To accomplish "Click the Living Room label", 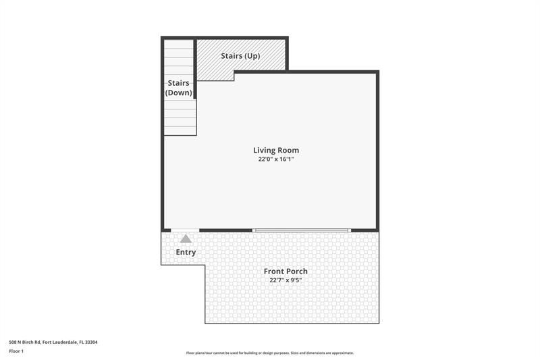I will (276, 150).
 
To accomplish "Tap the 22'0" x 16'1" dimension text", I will (276, 159).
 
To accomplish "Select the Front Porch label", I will (286, 272).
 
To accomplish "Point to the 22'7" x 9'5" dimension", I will (286, 280).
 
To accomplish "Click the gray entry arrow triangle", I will (186, 238).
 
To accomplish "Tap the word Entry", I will (186, 253).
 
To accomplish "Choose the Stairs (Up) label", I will (240, 56).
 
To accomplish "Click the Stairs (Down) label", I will (180, 88).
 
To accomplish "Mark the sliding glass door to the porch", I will (302, 230).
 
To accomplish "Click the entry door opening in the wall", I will (185, 230).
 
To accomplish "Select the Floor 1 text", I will (16, 351).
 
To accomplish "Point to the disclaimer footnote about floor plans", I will (269, 353).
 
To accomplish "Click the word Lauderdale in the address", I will (67, 342).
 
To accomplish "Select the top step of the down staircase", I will (180, 45).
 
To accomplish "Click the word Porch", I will (297, 272).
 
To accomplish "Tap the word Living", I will (264, 150).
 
